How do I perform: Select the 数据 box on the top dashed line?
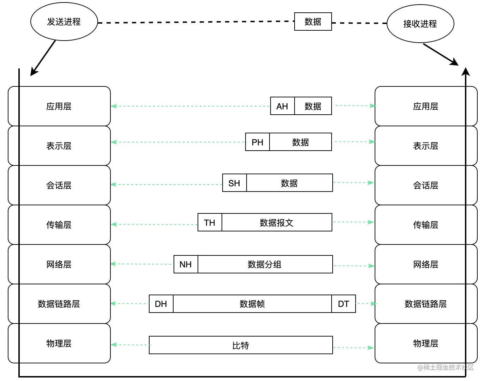[313, 22]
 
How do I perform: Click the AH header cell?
[282, 106]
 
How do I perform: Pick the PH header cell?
[257, 142]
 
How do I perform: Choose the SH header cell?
[234, 183]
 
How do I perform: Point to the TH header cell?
[210, 222]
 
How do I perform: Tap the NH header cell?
[186, 264]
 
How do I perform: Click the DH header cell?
[161, 304]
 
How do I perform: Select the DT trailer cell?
[344, 304]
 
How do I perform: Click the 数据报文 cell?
[277, 222]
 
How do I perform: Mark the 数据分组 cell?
[265, 264]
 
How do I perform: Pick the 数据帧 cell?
[252, 304]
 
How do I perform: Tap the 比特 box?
[241, 345]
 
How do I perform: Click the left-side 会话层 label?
[59, 186]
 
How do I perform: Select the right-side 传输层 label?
[425, 225]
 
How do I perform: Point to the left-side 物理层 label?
[59, 344]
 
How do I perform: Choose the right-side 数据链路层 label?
[425, 304]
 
